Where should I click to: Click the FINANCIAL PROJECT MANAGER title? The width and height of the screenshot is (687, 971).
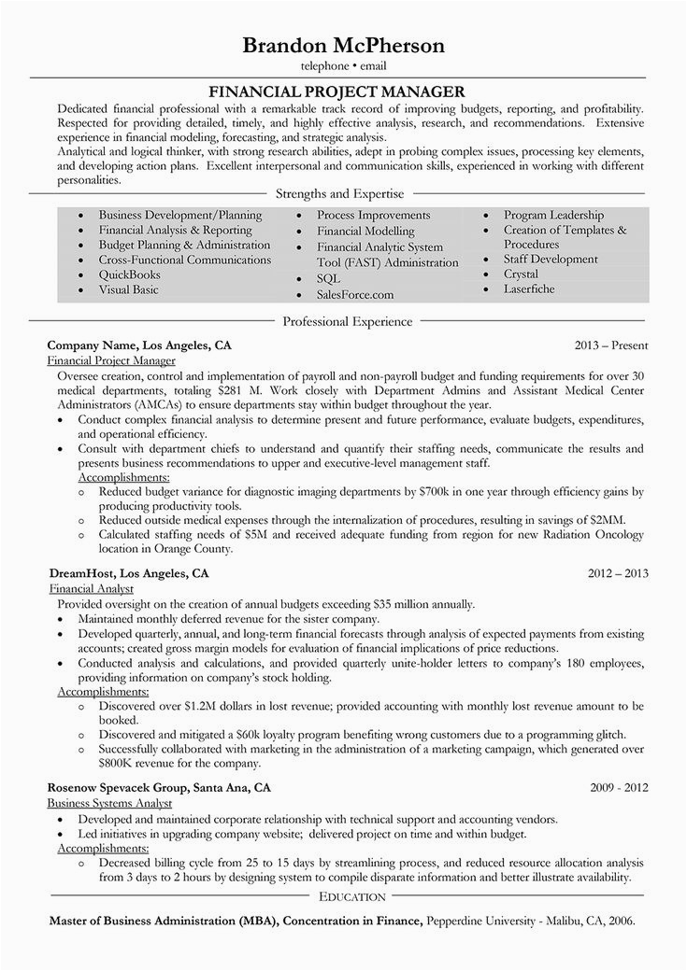coord(343,91)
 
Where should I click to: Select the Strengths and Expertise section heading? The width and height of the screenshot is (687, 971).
coord(340,194)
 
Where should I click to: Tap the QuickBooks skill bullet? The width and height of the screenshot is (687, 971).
coord(130,274)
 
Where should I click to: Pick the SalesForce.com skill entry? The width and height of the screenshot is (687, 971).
coord(355,294)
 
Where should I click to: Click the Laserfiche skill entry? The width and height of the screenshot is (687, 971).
coord(529,289)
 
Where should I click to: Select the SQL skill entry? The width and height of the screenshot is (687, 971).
coord(328,279)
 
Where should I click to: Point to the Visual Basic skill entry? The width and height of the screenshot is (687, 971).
coord(129,289)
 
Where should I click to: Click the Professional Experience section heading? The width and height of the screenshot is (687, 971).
coord(347,321)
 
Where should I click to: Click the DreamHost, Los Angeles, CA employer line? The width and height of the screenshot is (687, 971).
coord(128,572)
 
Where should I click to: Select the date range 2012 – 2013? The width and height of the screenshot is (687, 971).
coord(618,572)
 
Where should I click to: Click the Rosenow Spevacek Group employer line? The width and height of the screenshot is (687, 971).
coord(160,787)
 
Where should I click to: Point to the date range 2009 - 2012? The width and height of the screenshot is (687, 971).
coord(619,787)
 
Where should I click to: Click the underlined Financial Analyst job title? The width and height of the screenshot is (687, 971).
coord(90,588)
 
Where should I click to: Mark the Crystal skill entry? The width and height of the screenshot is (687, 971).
coord(521,274)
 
